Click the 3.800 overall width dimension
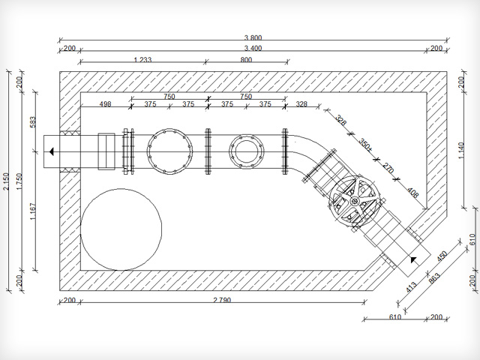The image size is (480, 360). click(253, 38)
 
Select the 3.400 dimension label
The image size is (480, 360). click(253, 48)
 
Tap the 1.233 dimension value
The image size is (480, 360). click(142, 60)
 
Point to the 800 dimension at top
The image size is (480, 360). click(246, 60)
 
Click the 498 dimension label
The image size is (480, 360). click(105, 104)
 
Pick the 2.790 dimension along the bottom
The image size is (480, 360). click(222, 300)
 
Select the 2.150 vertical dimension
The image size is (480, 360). click(7, 181)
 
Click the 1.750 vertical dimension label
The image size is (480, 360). click(19, 181)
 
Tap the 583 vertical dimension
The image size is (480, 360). click(33, 121)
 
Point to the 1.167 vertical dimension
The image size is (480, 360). click(33, 211)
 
